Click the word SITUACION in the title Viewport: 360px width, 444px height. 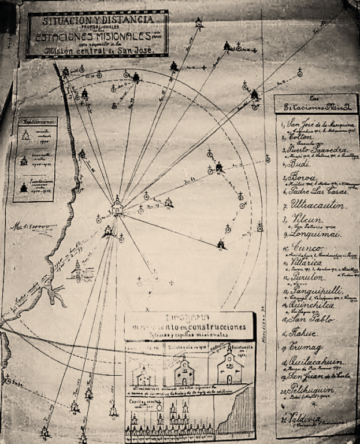click(64, 21)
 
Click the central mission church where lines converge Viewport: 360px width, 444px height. click(117, 205)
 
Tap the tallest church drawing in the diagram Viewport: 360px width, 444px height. click(230, 367)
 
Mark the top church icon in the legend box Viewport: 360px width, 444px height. click(25, 136)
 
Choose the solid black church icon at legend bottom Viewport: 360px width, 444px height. click(24, 188)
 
